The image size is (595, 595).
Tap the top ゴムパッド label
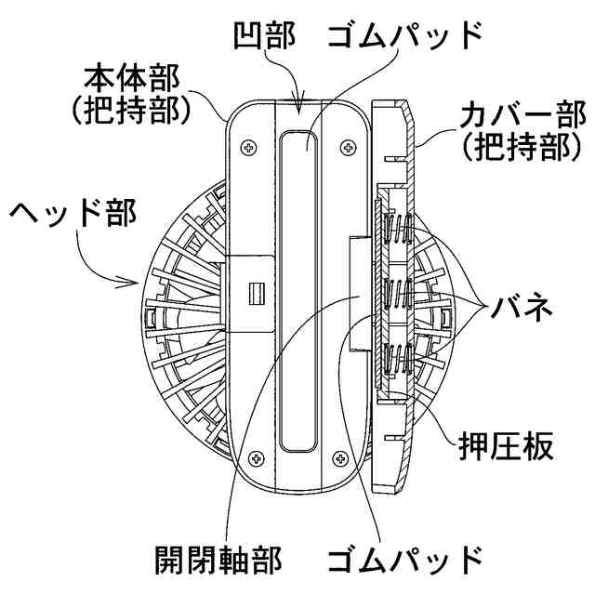(404, 34)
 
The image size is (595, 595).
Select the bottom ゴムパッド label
(404, 561)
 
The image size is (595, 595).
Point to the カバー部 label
(517, 117)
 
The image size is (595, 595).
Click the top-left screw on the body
(250, 146)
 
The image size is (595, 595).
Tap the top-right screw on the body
(348, 146)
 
